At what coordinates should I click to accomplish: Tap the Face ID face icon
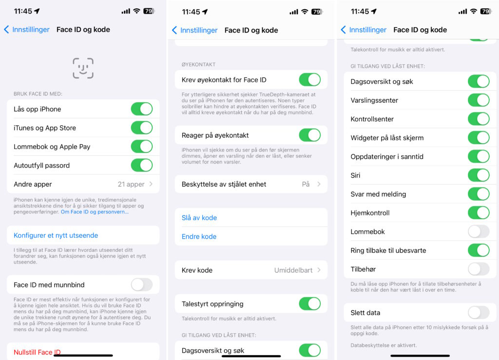(x=83, y=68)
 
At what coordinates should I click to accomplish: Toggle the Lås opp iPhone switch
(x=142, y=109)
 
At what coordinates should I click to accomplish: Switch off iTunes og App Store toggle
(x=142, y=128)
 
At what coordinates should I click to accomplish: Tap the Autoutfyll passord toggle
(x=142, y=165)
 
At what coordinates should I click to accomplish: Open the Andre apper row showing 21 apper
(x=83, y=184)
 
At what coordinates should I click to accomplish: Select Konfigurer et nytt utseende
(x=56, y=235)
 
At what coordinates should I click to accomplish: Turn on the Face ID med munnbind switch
(x=142, y=284)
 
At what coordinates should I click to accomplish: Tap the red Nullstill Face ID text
(x=37, y=352)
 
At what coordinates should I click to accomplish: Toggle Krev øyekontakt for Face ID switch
(x=309, y=79)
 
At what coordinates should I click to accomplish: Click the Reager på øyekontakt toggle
(x=309, y=135)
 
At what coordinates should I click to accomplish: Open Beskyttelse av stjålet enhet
(x=251, y=184)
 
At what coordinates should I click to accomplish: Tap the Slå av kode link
(x=199, y=218)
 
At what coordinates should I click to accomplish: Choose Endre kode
(x=199, y=236)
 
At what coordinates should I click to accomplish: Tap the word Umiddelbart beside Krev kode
(x=293, y=270)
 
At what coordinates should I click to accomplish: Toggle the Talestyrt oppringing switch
(x=309, y=303)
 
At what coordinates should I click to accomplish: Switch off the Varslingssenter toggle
(x=479, y=100)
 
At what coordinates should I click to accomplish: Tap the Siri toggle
(x=479, y=175)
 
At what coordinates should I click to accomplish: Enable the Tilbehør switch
(x=479, y=269)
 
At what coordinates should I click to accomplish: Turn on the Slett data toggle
(x=479, y=312)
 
